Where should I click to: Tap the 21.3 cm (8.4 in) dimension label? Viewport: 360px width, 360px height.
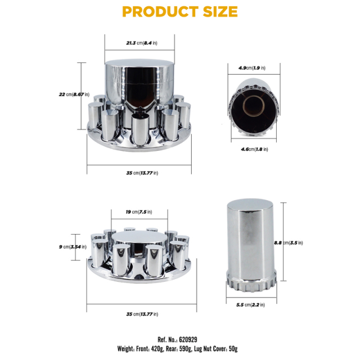click(142, 43)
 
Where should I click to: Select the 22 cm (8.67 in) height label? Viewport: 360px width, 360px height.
click(74, 94)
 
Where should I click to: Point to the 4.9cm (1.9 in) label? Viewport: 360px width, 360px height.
click(252, 68)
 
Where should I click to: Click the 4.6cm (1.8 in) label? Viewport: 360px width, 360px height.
click(254, 149)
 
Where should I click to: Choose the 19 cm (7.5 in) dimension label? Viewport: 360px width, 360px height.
click(139, 212)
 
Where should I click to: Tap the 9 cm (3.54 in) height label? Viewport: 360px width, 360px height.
click(73, 247)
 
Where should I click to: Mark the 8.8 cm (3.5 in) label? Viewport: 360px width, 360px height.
click(289, 242)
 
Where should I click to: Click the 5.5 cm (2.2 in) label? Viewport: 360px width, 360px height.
click(250, 305)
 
